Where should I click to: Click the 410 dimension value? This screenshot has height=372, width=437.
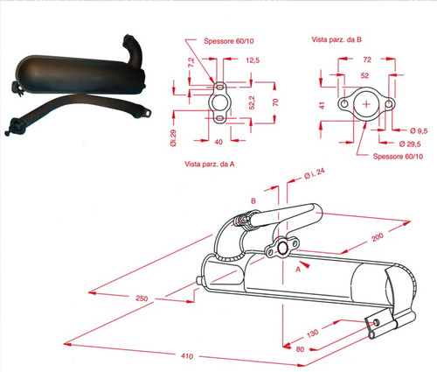tap(187, 356)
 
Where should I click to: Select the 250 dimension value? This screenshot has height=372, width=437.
tap(142, 298)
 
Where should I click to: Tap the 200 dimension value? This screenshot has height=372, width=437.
tap(378, 237)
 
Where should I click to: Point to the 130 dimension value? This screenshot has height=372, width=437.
tap(312, 333)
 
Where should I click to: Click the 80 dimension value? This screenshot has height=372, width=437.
tap(300, 349)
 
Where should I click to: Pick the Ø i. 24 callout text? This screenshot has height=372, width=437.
tap(315, 173)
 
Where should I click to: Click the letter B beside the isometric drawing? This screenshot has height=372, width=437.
tap(253, 201)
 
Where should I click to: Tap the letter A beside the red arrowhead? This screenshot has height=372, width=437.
tap(298, 270)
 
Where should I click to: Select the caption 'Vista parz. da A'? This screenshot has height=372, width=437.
tap(210, 165)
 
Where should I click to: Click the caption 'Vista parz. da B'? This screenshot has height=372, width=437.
tap(336, 39)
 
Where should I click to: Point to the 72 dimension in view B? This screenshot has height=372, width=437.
tap(367, 60)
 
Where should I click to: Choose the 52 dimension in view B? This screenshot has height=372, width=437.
tap(364, 75)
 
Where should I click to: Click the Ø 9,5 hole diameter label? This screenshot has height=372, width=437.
tap(419, 131)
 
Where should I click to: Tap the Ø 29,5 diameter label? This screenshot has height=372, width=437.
tap(410, 144)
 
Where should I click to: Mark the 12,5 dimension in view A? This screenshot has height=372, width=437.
tap(253, 60)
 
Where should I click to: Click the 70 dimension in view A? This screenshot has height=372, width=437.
tap(275, 102)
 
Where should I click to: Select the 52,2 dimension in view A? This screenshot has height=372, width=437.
tap(252, 102)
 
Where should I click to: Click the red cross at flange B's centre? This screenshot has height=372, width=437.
tap(366, 104)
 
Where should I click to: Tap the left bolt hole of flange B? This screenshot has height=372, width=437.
tap(344, 103)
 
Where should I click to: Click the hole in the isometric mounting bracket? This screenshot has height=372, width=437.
tap(376, 322)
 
